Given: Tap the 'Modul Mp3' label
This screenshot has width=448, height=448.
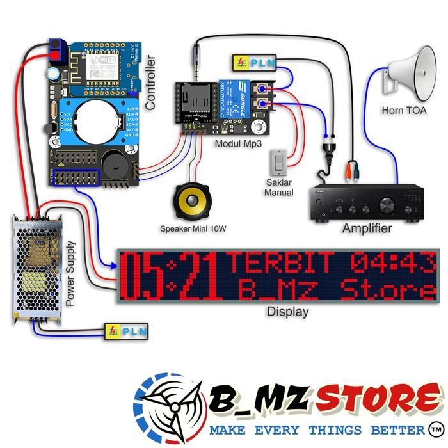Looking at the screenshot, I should pos(238,144).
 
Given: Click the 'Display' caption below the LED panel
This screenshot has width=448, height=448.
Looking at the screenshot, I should pos(287,312).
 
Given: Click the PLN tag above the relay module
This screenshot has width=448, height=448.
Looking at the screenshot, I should pos(252,62).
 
